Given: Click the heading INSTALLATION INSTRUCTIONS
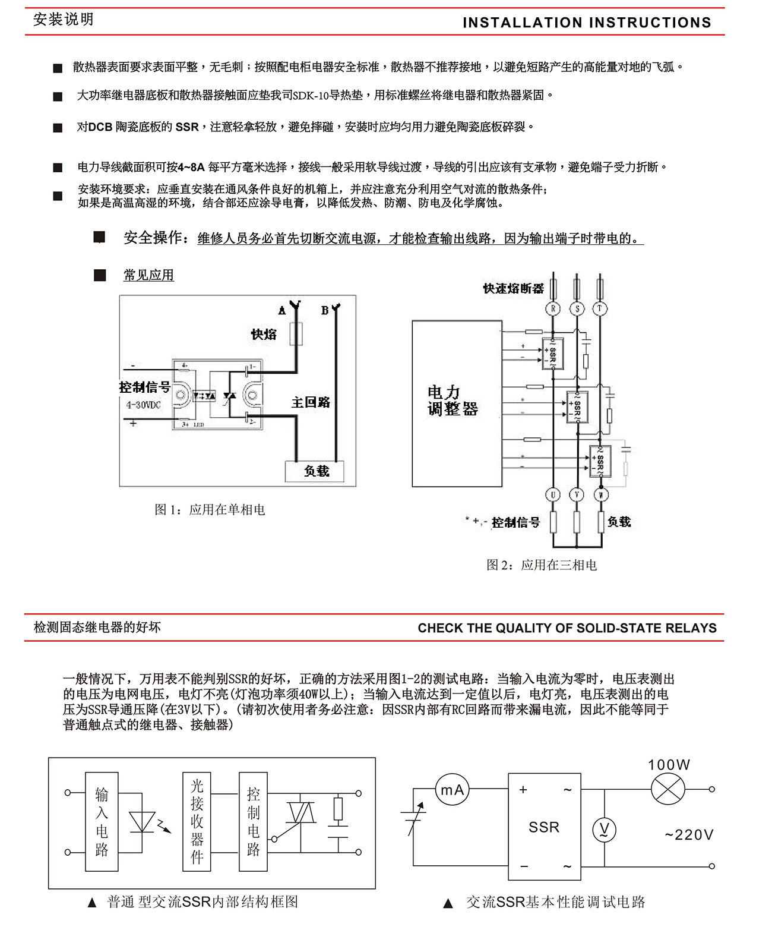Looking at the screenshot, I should [587, 23].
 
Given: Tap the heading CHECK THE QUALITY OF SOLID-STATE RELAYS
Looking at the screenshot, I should [567, 628].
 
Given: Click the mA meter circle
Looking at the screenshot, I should [452, 790].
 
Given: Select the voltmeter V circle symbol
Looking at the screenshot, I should [604, 830].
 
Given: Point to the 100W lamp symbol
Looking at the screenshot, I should [668, 790].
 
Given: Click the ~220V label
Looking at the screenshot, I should [689, 835].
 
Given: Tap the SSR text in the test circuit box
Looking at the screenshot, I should [544, 827].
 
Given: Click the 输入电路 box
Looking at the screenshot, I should [102, 821].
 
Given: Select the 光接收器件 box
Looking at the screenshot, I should [197, 821].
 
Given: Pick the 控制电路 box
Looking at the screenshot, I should [253, 821].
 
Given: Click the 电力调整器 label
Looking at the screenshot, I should [453, 401].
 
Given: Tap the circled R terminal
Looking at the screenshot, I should [553, 308].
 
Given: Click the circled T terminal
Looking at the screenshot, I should [600, 308].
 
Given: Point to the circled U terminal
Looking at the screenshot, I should [553, 494].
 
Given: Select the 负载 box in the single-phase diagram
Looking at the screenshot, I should [316, 471].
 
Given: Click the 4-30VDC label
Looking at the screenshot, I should [143, 405].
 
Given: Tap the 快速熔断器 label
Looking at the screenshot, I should [513, 289].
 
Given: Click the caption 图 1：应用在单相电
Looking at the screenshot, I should [210, 510].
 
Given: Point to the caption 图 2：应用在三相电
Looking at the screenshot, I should [542, 565].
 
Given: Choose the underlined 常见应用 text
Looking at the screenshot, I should [148, 275].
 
